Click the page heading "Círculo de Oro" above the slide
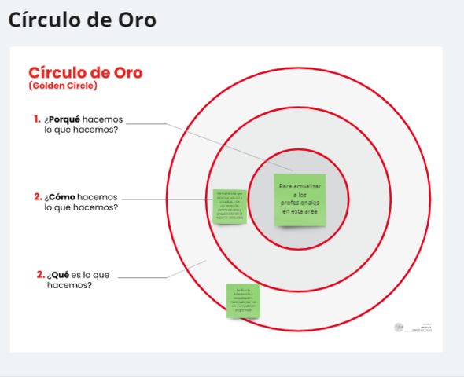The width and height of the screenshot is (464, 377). coord(82,20)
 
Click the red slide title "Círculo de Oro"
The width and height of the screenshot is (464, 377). coord(85,73)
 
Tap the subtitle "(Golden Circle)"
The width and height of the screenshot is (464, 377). coord(62,86)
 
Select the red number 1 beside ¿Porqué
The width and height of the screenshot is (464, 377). coord(37,119)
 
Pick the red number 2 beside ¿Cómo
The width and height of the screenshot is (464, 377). coord(38,196)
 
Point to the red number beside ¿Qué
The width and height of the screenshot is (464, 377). coord(40,275)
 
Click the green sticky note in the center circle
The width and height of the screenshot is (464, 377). coord(300,200)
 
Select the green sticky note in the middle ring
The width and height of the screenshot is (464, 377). coord(230,207)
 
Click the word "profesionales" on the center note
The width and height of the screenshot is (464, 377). coord(300,203)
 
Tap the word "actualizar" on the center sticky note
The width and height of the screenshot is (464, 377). coord(300,186)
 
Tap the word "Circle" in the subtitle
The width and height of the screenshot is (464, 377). coord(81,86)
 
